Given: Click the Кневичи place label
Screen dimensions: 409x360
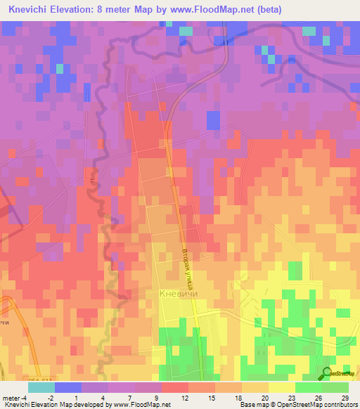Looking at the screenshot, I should pos(179,294).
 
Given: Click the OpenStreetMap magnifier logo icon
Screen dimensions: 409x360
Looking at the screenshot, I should pos(326,373).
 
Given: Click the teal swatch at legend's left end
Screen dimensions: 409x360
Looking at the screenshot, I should pos(41,387).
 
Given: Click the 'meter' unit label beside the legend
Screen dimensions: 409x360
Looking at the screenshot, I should pos(11,398).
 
